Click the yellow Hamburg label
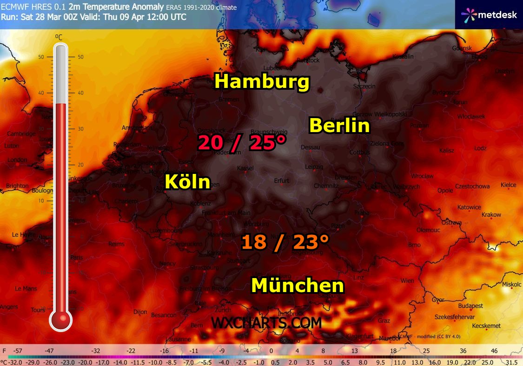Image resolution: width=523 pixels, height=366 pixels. coord(262,82)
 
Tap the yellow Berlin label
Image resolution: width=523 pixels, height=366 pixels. coord(339,126)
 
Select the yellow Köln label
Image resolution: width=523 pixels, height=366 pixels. coord(188,181)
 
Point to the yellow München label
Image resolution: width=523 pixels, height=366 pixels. coord(298,285)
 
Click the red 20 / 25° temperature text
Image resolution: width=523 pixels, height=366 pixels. coord(242,143)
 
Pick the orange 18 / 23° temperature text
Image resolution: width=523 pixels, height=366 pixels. coord(285,242)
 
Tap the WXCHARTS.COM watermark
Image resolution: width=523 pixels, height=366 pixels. coord(266,322)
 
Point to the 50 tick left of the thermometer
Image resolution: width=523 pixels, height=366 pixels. coord(41,57)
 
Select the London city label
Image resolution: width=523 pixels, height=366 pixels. coord(17,160)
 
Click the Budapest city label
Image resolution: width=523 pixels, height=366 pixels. coord(470,306)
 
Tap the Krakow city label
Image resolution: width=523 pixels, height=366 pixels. coord(491,215)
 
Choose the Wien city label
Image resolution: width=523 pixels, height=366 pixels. coord(407,280)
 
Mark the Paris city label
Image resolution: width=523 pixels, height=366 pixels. coord(77,257)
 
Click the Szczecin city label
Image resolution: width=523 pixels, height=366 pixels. coord(364,87)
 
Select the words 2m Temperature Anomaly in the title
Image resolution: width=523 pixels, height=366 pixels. coord(116,7)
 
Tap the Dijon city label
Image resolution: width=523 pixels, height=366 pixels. coord(140,312)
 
